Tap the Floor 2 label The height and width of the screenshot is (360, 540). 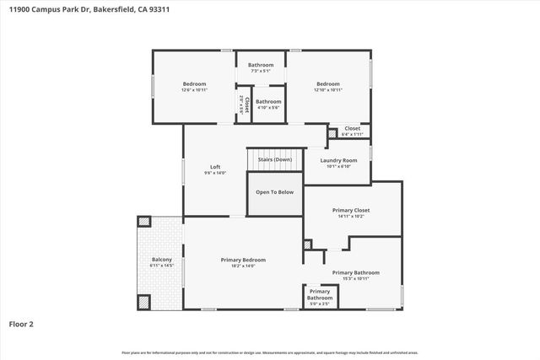22,323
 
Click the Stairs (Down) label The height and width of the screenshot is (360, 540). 274,159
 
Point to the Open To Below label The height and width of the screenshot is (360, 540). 275,192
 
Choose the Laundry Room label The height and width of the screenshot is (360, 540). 337,160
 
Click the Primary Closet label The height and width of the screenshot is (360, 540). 350,210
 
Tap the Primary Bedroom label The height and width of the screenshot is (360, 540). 243,260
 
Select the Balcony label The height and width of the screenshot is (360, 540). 161,260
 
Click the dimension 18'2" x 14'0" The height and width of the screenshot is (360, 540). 243,266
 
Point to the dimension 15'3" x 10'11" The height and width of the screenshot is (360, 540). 355,279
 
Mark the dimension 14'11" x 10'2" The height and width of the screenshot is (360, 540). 350,217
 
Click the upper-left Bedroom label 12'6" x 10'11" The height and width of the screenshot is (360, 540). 195,84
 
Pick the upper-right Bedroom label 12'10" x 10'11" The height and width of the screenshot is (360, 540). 328,84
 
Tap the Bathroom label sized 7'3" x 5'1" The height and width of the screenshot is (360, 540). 261,65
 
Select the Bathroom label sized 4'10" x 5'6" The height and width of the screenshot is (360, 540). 268,103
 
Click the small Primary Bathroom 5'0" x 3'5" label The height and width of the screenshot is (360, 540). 319,295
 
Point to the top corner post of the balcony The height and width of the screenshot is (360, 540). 144,223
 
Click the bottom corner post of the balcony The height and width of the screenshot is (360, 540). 144,301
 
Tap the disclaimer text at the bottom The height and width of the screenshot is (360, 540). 270,352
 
